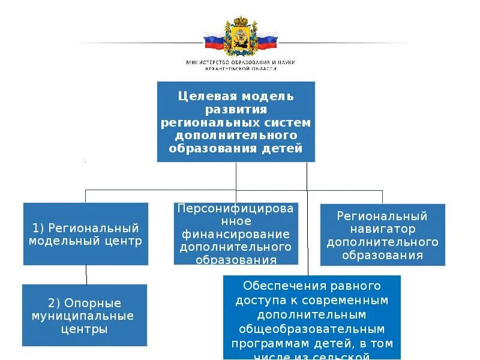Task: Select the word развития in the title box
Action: tap(236, 109)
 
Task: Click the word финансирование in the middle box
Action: tap(236, 234)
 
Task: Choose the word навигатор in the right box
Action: tap(382, 229)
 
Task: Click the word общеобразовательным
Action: tap(311, 329)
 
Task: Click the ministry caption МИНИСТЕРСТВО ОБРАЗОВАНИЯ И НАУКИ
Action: tap(241, 62)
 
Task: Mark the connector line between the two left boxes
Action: tap(86, 275)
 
